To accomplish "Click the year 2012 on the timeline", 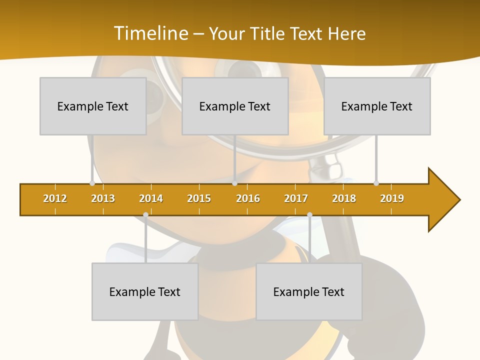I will tap(55, 198).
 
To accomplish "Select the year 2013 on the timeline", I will tap(103, 198).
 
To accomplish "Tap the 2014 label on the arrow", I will tap(151, 198).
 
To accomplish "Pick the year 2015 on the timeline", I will tap(199, 198).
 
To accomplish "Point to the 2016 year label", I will tap(248, 198).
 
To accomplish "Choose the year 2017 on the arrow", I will tap(296, 198).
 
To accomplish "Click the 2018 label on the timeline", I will tap(344, 198).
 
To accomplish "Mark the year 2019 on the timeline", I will tap(392, 198).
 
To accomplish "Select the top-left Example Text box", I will tap(93, 106).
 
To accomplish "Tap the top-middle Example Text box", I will tap(235, 106).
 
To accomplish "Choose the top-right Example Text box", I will tap(377, 106).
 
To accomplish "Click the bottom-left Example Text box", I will tap(145, 291).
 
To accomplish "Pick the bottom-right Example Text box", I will tap(309, 291).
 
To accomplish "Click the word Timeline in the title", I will tap(150, 33).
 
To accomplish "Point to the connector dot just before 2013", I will tap(92, 183).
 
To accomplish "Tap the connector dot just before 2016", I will tap(234, 183).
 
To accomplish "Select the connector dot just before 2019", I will tap(376, 183).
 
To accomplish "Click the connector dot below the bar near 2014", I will tap(145, 215).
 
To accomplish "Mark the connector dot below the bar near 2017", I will tap(309, 215).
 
